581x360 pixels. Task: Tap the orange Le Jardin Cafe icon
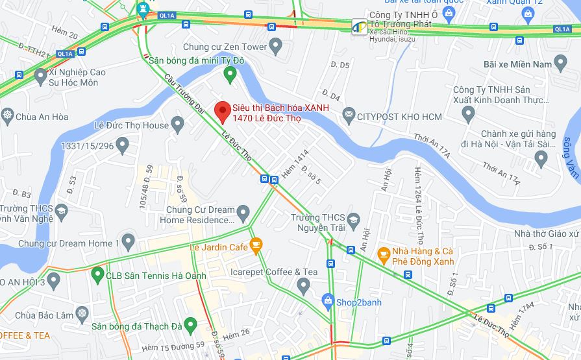(256, 246)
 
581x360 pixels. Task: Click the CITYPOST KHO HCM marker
(349, 116)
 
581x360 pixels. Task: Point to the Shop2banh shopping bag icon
(328, 302)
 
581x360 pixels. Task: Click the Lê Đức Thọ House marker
(178, 125)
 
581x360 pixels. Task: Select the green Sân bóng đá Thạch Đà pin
(190, 325)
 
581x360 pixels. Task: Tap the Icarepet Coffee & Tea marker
(303, 285)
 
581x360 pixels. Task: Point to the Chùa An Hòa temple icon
(7, 117)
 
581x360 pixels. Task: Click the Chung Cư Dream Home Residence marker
(243, 212)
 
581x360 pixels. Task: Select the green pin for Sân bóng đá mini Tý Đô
(229, 75)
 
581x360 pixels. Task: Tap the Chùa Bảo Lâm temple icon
(82, 315)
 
